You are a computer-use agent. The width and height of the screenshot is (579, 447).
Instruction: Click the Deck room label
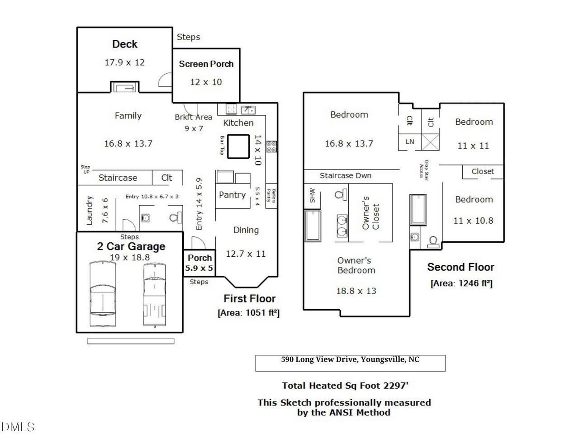point(125,44)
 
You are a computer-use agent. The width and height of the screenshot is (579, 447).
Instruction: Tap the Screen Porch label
point(206,64)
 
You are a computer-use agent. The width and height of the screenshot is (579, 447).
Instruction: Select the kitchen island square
point(238,146)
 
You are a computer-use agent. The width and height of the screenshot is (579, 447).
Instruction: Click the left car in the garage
point(103,294)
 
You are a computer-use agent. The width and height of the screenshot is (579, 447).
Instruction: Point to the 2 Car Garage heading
point(131,247)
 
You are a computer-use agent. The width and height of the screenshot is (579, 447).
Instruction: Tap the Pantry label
point(232,195)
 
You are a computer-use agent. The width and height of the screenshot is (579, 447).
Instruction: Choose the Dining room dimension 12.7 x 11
point(246,254)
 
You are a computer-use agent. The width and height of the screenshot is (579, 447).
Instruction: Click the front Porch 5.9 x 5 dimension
point(199,268)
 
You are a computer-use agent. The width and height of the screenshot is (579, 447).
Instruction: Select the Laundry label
point(89,211)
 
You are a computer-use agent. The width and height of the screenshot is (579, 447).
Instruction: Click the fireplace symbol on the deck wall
point(125,88)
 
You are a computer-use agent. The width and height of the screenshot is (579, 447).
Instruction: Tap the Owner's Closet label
point(370,213)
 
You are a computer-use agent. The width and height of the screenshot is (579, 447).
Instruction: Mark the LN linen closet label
point(410,141)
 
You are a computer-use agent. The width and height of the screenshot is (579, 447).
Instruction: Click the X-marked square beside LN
point(431,142)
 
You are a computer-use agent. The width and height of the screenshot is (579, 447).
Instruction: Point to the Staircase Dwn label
point(346,176)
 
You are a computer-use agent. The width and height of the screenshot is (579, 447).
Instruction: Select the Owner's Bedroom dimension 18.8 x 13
point(356,291)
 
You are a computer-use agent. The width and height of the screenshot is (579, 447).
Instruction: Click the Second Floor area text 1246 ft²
point(461,283)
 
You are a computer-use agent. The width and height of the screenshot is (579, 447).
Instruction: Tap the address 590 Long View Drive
point(350,360)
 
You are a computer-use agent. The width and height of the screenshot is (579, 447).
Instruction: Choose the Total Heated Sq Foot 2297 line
point(345,386)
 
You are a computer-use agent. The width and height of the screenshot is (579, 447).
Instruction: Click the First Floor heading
point(249,299)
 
